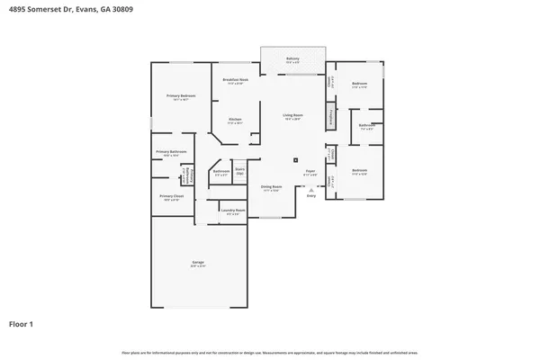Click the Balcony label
coord(292,59)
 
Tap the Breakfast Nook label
coord(236,81)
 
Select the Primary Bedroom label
coord(181,96)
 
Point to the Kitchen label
coord(234,120)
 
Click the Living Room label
coord(292,116)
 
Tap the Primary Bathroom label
coord(167,152)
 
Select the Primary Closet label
coord(171,196)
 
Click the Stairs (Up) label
coord(240,170)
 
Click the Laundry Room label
coord(232,212)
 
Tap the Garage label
coord(197,264)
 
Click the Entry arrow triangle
coord(310,190)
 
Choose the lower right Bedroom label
coord(359,171)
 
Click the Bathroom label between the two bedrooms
coord(366,127)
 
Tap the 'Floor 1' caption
coord(22,323)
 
